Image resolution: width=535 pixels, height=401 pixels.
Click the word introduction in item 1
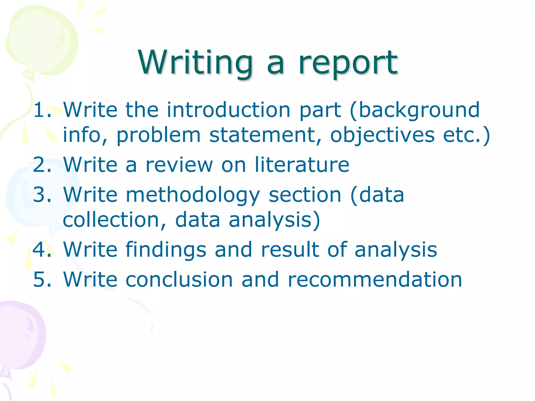tap(229, 110)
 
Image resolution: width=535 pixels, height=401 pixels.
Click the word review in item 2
tap(179, 165)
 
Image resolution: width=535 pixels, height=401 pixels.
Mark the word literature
tap(302, 165)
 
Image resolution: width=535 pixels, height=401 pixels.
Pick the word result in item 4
tap(290, 250)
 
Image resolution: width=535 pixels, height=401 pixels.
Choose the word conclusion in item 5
tap(179, 280)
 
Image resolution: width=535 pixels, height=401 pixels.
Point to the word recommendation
tap(375, 280)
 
